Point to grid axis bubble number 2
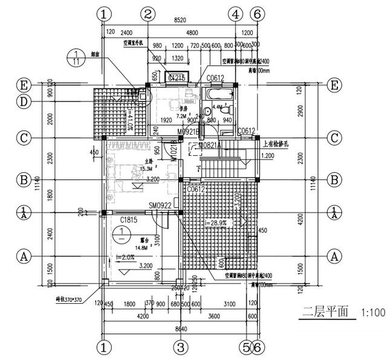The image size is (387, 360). (x=148, y=13)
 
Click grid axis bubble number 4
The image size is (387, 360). (x=236, y=13)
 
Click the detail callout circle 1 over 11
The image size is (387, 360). (x=76, y=58)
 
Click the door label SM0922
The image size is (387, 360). (x=161, y=205)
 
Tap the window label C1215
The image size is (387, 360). (x=176, y=78)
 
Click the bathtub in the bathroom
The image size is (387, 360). (x=215, y=95)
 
